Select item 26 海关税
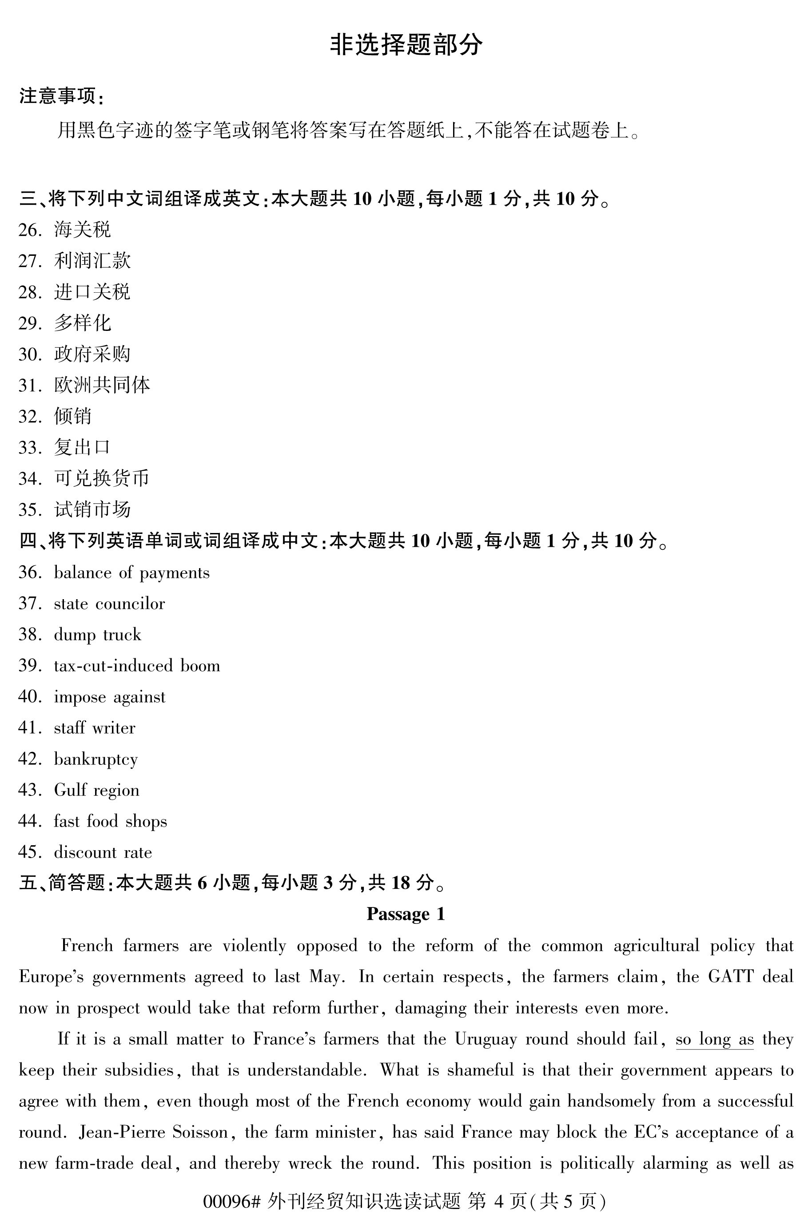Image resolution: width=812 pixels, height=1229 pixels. click(x=82, y=230)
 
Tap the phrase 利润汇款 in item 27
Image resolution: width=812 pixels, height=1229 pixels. click(x=92, y=261)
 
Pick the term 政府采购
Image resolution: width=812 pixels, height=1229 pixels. click(x=92, y=354)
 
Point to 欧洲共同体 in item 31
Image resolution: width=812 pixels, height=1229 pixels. click(x=102, y=385)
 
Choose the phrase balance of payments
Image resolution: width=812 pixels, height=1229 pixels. click(x=131, y=573)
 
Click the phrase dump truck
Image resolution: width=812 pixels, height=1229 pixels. click(x=97, y=635)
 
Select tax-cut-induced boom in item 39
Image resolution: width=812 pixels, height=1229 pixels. click(x=137, y=666)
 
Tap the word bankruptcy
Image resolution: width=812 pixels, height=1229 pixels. click(x=96, y=759)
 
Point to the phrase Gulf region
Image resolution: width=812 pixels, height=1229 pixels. click(x=96, y=790)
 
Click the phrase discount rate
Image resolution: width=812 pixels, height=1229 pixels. click(x=103, y=852)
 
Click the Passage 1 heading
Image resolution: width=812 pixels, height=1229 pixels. click(x=406, y=914)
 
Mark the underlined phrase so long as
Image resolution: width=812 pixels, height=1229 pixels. click(x=715, y=1039)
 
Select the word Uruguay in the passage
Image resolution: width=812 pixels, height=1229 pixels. click(x=486, y=1039)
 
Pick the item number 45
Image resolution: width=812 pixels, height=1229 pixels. click(x=29, y=852)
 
